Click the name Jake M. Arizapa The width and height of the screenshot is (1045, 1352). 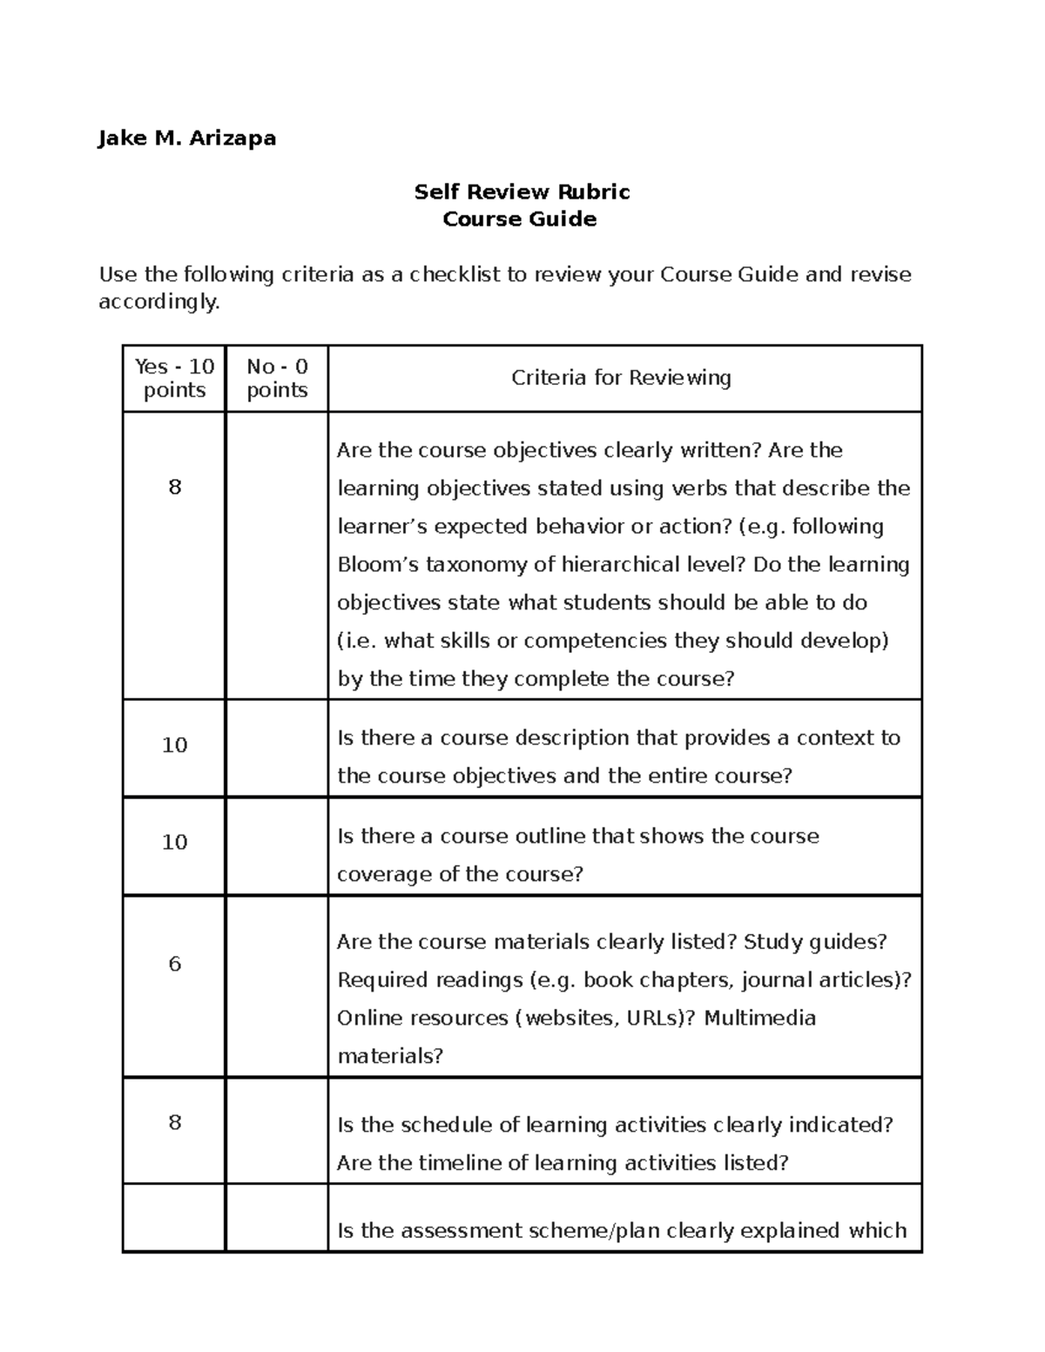point(186,138)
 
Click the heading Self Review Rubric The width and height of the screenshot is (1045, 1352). point(522,192)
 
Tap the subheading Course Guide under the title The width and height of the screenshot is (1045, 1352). point(519,219)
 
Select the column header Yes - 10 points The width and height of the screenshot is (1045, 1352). point(174,378)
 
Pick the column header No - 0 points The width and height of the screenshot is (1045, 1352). point(277,378)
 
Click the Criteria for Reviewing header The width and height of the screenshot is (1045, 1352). point(621,378)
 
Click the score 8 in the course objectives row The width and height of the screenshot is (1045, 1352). point(175,487)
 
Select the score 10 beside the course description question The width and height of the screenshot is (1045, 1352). point(175,745)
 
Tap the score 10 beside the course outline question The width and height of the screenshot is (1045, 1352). point(175,842)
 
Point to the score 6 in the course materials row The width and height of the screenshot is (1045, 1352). point(175,964)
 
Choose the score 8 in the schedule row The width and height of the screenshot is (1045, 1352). point(175,1122)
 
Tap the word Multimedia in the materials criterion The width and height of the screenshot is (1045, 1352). point(759,1018)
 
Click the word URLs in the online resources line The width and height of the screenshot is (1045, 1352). point(651,1018)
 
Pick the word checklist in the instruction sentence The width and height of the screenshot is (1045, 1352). point(455,275)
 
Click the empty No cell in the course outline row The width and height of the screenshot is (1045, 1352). point(277,846)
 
